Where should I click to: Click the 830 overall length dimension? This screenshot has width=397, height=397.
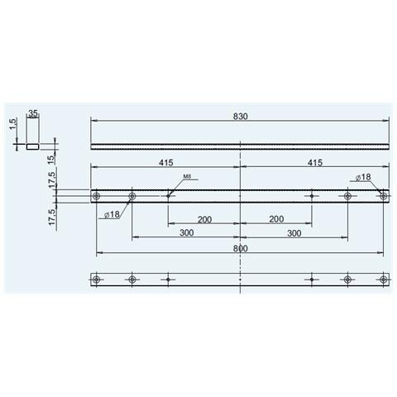click(x=241, y=115)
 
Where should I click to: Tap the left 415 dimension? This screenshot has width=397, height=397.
click(x=165, y=164)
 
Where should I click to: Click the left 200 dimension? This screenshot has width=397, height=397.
click(x=204, y=218)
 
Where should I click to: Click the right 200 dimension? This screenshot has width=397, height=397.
click(x=275, y=218)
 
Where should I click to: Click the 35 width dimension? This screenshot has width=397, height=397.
click(x=34, y=114)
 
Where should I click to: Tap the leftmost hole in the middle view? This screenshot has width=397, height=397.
click(x=97, y=196)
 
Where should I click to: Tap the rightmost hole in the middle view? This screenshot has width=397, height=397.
click(x=383, y=196)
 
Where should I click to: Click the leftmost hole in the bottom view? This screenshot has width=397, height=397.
click(x=97, y=280)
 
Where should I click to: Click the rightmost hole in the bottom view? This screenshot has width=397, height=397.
click(x=383, y=280)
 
